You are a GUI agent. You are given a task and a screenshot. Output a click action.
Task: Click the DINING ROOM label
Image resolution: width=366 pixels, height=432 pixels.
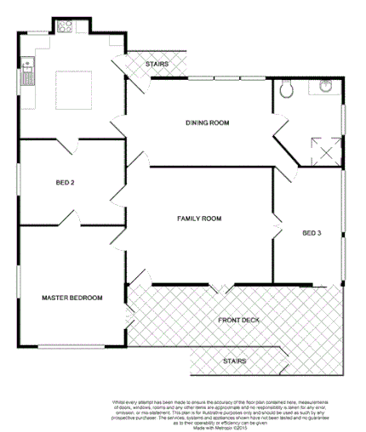(x=208, y=123)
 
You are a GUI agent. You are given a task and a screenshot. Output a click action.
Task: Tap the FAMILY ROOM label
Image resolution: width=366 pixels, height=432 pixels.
(x=199, y=219)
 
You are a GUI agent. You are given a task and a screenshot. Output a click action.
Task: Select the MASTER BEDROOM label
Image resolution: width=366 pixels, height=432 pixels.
(x=73, y=298)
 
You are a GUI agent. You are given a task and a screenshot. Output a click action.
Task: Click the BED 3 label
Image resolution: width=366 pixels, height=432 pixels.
(x=312, y=232)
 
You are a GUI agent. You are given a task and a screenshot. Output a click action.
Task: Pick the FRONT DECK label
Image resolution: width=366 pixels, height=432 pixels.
(x=237, y=320)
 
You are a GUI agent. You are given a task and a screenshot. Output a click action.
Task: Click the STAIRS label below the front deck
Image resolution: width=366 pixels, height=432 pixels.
(x=234, y=361)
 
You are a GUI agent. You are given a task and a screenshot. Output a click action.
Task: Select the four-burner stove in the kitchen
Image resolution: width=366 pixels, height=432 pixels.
(x=64, y=26)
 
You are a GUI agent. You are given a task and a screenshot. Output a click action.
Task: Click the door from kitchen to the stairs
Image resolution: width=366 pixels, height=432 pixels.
(x=120, y=64)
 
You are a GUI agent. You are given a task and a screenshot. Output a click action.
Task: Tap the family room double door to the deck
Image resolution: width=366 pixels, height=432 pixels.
(x=218, y=290)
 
